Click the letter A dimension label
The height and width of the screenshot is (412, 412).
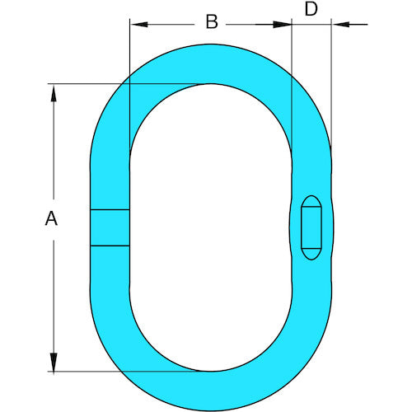51,218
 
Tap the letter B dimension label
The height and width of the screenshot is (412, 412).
212,21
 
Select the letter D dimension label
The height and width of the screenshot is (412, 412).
311,9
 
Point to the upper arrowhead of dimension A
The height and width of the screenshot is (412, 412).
54,92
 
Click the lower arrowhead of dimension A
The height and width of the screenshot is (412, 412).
54,363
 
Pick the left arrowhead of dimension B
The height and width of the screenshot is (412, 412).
138,25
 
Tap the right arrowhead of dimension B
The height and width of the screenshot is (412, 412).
283,25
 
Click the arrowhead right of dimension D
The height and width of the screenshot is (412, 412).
340,25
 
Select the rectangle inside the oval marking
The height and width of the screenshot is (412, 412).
311,227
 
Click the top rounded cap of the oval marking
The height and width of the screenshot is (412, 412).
311,201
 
